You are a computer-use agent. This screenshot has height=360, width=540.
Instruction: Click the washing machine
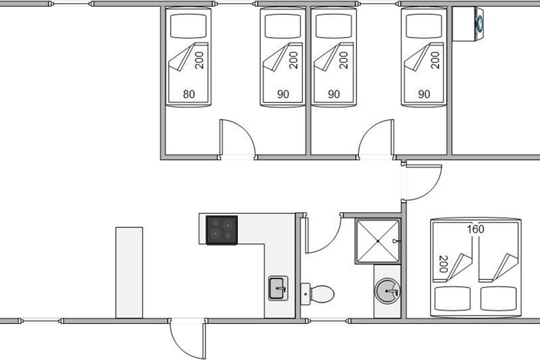[468, 24]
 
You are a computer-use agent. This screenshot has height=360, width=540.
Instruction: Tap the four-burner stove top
[222, 230]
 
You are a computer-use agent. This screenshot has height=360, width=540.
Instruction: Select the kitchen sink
[278, 288]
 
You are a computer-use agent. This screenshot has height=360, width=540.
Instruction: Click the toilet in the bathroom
[318, 294]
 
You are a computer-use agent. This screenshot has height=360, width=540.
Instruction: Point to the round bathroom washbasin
[387, 291]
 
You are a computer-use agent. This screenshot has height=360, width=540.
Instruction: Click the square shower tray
[378, 241]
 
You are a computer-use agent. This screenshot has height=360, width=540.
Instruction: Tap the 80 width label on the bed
[189, 94]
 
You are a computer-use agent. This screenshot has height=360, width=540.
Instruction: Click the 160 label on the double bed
[475, 229]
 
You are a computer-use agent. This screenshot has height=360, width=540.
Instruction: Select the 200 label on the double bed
[444, 264]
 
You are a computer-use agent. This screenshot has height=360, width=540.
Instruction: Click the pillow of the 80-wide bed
[188, 26]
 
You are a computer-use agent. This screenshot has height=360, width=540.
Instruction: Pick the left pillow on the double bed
[453, 298]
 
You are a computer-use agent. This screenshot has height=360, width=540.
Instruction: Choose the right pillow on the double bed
[498, 298]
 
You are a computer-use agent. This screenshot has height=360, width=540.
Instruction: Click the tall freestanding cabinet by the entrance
[129, 272]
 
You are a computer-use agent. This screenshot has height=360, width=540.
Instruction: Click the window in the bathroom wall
[328, 321]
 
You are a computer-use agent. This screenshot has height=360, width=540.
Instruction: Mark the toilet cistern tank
[305, 294]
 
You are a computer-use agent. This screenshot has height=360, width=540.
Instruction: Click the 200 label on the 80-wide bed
[199, 60]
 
